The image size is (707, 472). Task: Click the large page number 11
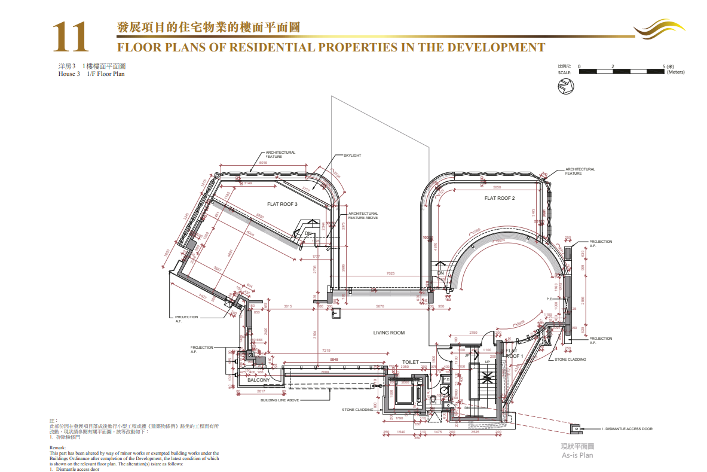pyautogui.click(x=71, y=37)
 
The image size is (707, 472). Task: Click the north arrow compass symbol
pyautogui.click(x=565, y=87)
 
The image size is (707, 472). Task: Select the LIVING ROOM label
pyautogui.click(x=389, y=333)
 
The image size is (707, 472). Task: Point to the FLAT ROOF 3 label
pyautogui.click(x=282, y=204)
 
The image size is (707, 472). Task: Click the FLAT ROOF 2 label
pyautogui.click(x=499, y=198)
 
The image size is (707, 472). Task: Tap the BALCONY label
pyautogui.click(x=259, y=380)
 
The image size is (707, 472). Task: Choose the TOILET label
pyautogui.click(x=411, y=362)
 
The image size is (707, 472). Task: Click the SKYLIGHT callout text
pyautogui.click(x=352, y=156)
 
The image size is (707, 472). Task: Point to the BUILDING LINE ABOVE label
pyautogui.click(x=280, y=400)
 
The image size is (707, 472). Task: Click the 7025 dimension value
pyautogui.click(x=390, y=273)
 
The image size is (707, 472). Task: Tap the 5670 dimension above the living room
pyautogui.click(x=379, y=306)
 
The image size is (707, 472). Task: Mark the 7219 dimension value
pyautogui.click(x=326, y=350)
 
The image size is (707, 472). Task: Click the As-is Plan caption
pyautogui.click(x=577, y=455)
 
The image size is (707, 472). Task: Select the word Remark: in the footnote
pyautogui.click(x=58, y=447)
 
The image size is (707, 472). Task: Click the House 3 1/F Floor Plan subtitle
pyautogui.click(x=87, y=74)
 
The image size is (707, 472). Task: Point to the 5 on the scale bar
pyautogui.click(x=665, y=66)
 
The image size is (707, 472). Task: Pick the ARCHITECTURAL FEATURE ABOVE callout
pyautogui.click(x=363, y=215)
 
